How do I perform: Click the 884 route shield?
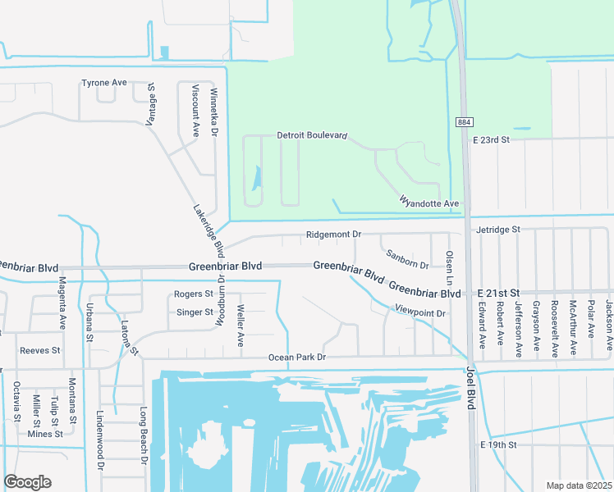[464, 121]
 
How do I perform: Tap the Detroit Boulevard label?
[313, 135]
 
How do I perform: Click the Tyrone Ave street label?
[104, 83]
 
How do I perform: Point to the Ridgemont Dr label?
[333, 235]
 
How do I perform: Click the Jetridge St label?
[497, 230]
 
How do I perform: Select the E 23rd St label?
[492, 140]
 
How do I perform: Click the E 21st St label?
[500, 293]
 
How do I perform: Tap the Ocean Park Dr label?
[297, 358]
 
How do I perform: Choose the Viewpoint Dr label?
[419, 313]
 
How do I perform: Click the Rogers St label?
[194, 294]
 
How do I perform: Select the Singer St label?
[195, 312]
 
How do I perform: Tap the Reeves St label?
[40, 350]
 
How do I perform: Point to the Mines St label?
[45, 434]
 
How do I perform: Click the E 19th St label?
[498, 444]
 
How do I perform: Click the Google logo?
[27, 482]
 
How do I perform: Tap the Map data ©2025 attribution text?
[579, 485]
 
